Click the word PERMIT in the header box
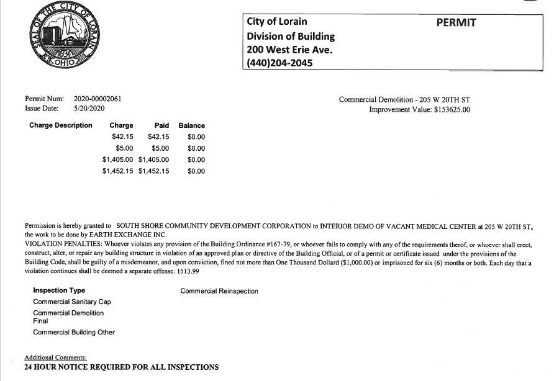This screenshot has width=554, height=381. pos(456,22)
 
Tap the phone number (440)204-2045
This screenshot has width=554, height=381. pos(279,63)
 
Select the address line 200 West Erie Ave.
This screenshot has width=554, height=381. pos(289,50)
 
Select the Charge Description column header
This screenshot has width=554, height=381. pos(60,125)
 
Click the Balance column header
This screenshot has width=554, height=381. pos(191,125)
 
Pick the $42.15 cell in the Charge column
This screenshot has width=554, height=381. pos(122,137)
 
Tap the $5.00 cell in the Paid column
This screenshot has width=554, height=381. pos(160,148)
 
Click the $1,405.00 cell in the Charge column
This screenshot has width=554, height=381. pos(118,159)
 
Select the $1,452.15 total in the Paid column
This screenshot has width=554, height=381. pos(153,171)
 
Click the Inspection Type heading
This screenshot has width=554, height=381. pos(59,290)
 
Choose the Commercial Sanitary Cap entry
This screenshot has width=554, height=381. pos(72,302)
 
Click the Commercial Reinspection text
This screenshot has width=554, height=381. pos(219,291)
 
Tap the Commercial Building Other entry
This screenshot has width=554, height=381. pos(74,332)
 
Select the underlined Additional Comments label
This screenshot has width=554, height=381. pos(55,358)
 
